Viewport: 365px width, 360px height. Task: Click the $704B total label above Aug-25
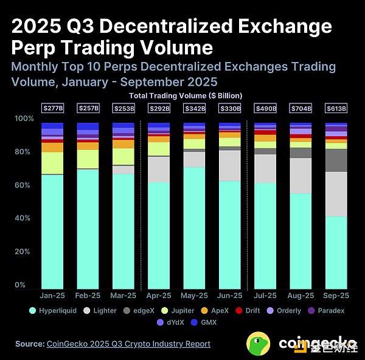point(301,108)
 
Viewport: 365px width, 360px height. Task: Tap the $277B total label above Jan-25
point(52,108)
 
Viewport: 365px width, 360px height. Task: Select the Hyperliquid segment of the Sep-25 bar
point(336,252)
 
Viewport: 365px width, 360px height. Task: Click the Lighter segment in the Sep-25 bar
point(336,193)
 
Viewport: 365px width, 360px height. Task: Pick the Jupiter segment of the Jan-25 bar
point(52,163)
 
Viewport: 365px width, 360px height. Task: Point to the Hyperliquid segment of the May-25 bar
point(194,228)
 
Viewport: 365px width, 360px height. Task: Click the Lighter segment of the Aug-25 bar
point(301,176)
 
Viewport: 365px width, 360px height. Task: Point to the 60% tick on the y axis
point(22,185)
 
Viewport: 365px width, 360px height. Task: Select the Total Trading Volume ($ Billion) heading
point(186,95)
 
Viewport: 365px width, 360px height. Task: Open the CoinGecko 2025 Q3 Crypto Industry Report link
point(128,344)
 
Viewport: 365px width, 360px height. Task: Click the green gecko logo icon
point(259,344)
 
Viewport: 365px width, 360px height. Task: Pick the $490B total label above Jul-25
point(265,108)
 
